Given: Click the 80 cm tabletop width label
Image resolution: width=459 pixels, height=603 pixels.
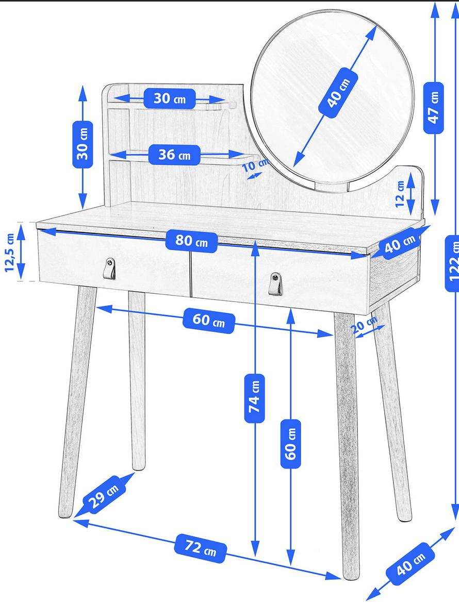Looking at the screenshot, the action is tap(192, 241).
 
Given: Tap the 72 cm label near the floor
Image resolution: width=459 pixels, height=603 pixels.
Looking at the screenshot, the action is tap(201, 548).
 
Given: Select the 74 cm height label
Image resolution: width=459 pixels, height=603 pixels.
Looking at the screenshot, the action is tap(255, 398).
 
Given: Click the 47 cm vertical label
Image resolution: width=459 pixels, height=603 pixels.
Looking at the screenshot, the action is tap(433, 108).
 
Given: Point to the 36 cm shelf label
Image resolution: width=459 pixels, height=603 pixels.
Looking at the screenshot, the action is tap(175, 155).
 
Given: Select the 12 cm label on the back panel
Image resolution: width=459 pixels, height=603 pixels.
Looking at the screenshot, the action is tap(400, 193).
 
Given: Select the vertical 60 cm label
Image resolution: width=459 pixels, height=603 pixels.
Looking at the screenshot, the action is tap(290, 444).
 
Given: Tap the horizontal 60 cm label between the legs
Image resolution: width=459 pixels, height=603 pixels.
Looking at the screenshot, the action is tap(208, 320).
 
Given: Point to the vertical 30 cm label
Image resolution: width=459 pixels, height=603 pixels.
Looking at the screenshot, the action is tap(83, 145).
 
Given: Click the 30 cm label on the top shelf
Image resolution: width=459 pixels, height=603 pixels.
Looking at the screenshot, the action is tap(170, 98).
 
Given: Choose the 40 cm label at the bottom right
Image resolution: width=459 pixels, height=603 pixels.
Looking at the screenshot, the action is tap(411, 564).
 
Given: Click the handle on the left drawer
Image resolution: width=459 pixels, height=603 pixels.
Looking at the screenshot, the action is tap(109, 269).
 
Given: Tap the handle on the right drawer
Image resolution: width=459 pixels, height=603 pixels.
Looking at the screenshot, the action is tap(275, 283).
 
